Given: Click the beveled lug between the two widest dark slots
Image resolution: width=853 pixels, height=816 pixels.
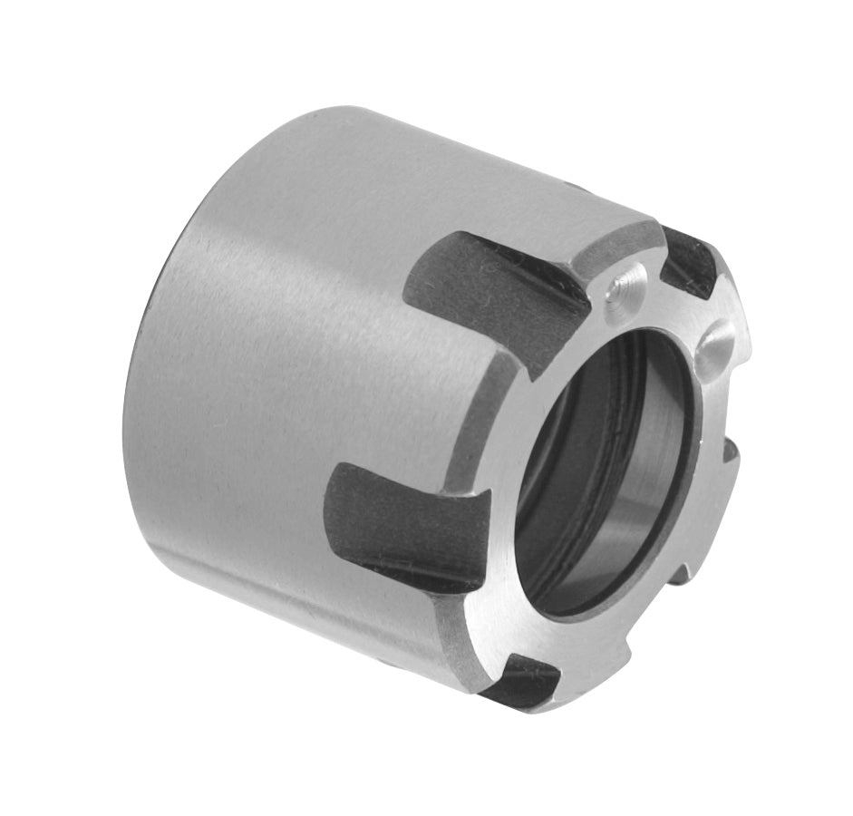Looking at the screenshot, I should point(485,413).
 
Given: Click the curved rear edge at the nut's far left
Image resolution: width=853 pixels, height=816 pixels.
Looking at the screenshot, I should point(136,408).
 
